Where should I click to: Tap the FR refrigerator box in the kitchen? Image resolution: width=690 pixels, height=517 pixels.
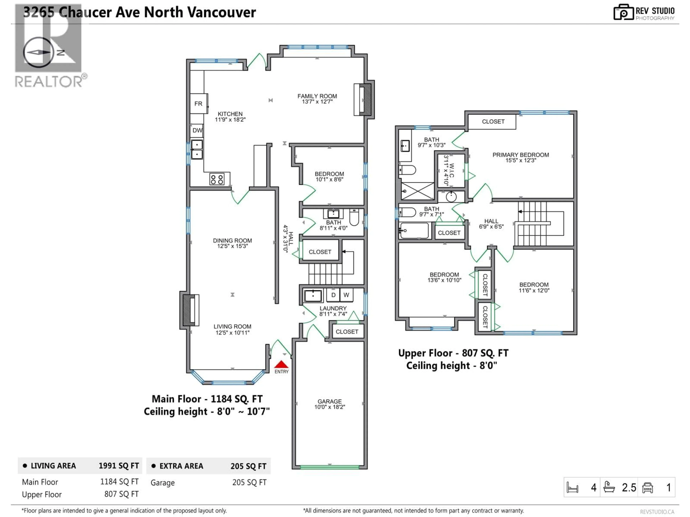[198, 103]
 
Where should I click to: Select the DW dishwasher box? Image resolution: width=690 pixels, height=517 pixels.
[197, 130]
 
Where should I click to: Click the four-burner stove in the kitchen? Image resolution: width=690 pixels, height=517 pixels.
[217, 179]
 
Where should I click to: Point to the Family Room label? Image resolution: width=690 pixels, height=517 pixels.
[317, 96]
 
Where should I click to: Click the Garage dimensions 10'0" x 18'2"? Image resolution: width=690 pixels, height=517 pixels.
[330, 407]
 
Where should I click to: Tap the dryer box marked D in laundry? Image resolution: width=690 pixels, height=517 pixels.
[333, 295]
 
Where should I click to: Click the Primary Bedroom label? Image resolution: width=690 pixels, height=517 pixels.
[520, 155]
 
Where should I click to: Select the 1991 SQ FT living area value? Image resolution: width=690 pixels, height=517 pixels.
[119, 466]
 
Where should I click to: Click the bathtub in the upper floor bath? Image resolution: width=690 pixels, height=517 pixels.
[414, 231]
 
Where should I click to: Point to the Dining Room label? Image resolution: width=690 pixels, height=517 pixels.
[232, 241]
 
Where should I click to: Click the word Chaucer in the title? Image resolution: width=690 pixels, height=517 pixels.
[85, 12]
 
